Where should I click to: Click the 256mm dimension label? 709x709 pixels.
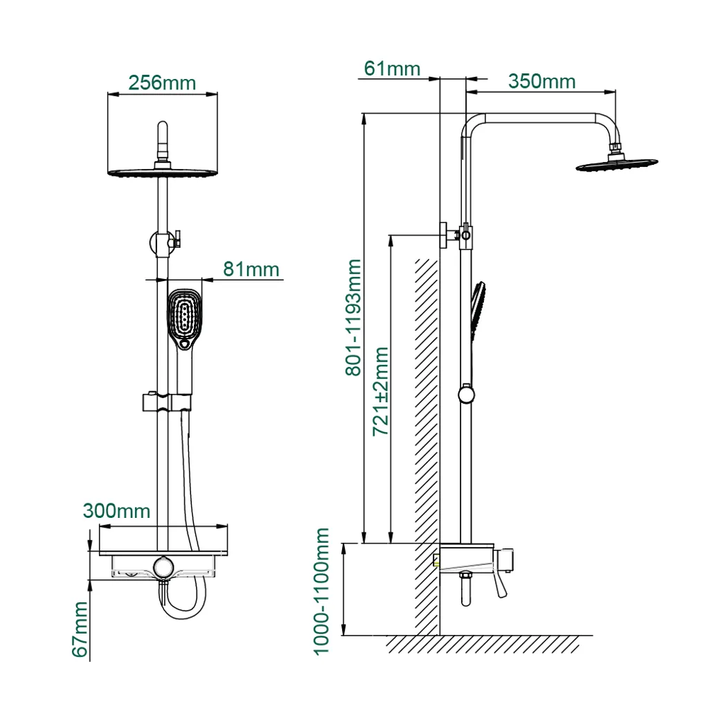click(162, 82)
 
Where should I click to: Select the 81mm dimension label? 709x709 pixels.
click(251, 269)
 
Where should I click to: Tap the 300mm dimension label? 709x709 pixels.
click(116, 511)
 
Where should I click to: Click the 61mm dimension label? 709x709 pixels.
click(392, 69)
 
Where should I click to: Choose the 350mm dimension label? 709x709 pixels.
click(541, 82)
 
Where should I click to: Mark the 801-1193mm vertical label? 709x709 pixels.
click(354, 317)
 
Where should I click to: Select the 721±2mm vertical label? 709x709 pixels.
click(381, 392)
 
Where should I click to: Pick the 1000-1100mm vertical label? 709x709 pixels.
click(321, 590)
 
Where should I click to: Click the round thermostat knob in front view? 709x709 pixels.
click(163, 566)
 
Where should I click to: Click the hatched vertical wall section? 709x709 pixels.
click(427, 443)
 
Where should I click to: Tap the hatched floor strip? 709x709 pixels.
click(485, 645)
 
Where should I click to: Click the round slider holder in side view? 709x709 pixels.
click(467, 395)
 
